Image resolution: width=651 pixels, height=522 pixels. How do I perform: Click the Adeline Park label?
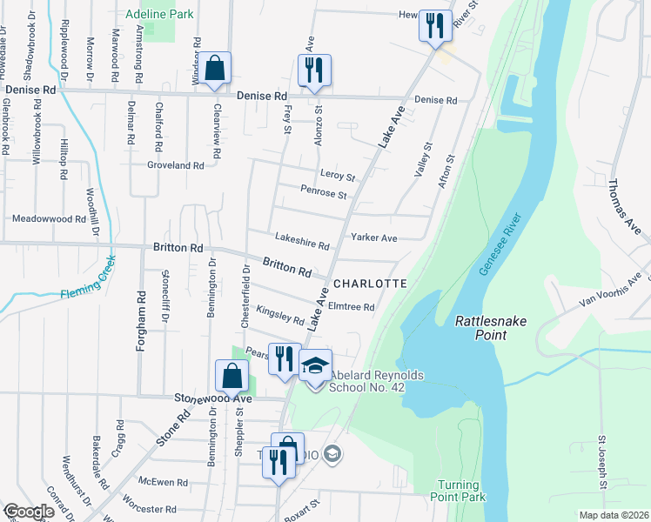(159, 15)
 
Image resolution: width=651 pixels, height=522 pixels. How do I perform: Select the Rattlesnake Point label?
(491, 328)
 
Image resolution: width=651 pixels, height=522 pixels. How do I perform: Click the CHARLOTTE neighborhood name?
(370, 284)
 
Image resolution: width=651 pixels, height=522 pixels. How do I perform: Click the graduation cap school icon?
(316, 365)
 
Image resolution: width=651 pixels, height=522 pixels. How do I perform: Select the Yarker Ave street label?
(373, 238)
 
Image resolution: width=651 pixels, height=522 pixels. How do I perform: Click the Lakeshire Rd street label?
(302, 246)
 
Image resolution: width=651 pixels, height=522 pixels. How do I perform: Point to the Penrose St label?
(324, 193)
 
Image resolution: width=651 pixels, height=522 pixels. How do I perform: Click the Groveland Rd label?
(175, 164)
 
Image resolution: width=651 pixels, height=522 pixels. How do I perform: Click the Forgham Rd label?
(139, 320)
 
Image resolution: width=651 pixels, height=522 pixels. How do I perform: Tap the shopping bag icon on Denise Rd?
(214, 69)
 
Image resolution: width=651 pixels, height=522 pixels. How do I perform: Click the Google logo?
(29, 512)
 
